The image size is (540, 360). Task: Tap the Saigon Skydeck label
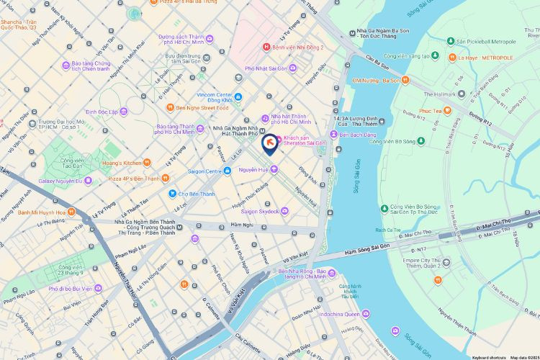(x=259, y=212)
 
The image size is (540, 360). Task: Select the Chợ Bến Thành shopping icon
(x=173, y=193)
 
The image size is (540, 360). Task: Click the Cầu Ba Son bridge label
(x=377, y=63)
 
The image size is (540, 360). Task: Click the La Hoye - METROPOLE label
(x=486, y=58)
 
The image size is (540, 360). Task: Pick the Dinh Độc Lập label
(x=102, y=112)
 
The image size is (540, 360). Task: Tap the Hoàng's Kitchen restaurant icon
(x=147, y=163)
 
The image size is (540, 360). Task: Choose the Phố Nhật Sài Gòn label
(x=266, y=68)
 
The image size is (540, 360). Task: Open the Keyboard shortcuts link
(x=487, y=357)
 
